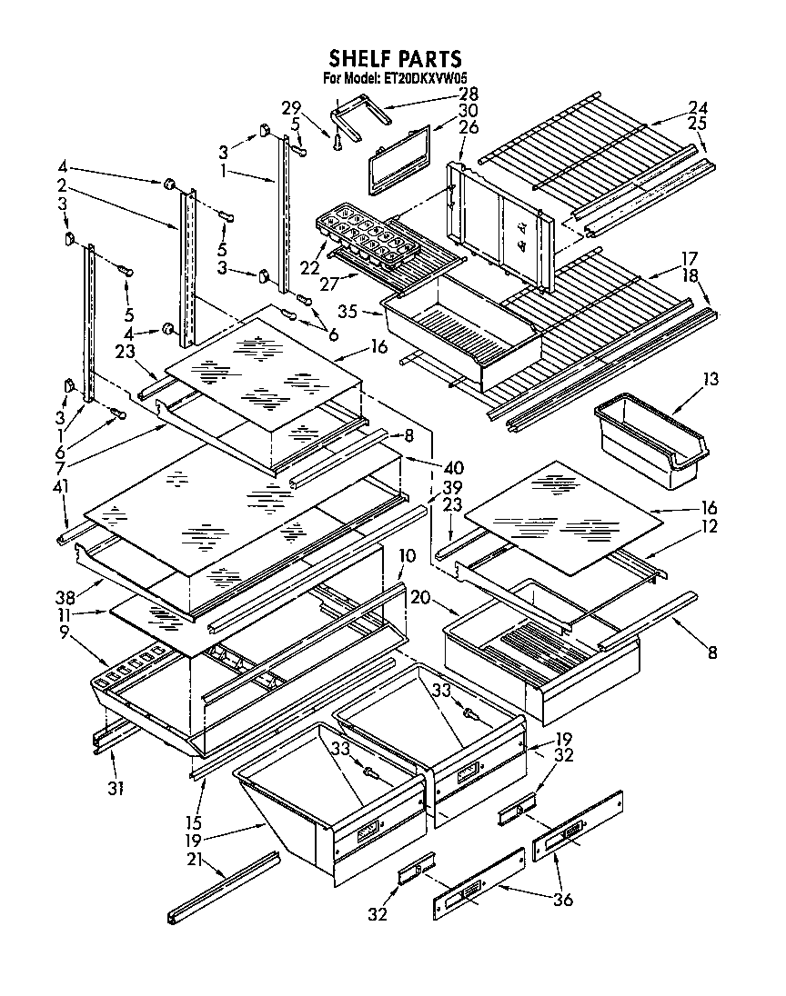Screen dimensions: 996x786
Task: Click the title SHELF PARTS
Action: tap(395, 59)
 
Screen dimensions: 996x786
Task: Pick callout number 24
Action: tap(698, 107)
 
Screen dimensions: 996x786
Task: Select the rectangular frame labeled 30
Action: tap(398, 160)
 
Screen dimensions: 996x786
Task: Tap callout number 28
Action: tap(469, 94)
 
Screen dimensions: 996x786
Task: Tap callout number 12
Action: tap(710, 525)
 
